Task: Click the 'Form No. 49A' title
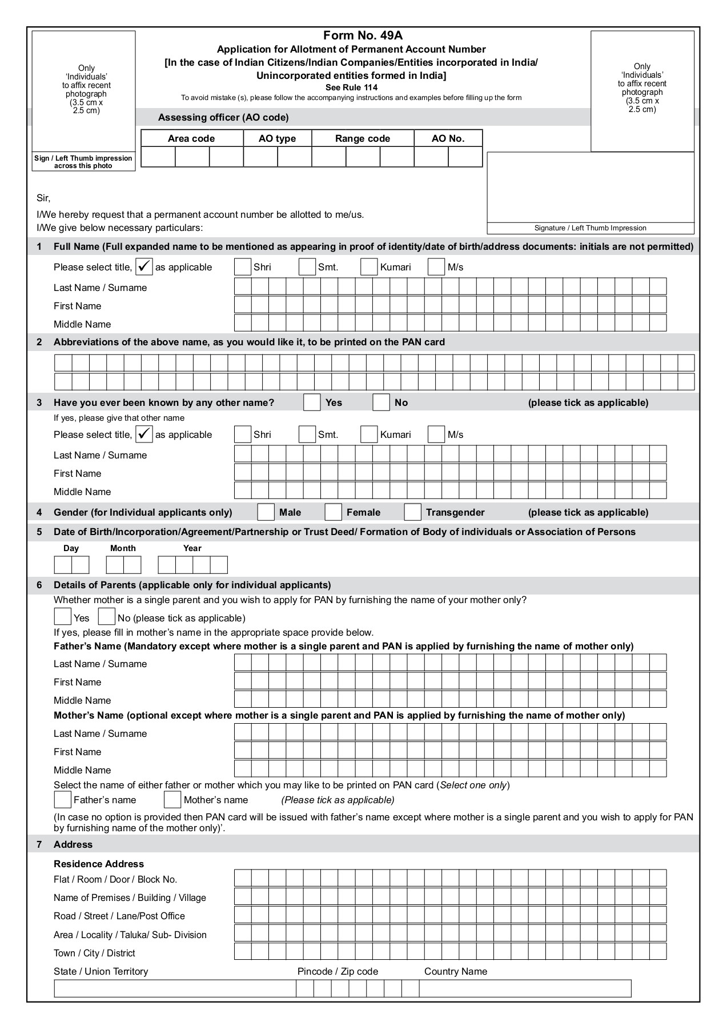point(363,36)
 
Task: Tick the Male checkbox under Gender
point(266,512)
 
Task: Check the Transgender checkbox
point(412,512)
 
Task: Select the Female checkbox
point(333,512)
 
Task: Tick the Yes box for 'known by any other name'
point(312,402)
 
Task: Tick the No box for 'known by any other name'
point(381,402)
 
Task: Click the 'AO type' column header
point(278,138)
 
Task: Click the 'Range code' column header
point(363,138)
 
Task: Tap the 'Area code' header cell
point(191,138)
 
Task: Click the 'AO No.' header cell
point(448,138)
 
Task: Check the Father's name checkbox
point(62,799)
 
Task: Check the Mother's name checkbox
point(172,799)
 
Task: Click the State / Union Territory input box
point(175,988)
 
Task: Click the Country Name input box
point(525,988)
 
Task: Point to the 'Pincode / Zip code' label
point(338,971)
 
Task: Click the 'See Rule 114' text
point(351,87)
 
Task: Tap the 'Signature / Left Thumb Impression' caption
point(590,228)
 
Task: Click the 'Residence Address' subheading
point(99,864)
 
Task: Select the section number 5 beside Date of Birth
point(39,532)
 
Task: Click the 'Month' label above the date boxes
point(123,548)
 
